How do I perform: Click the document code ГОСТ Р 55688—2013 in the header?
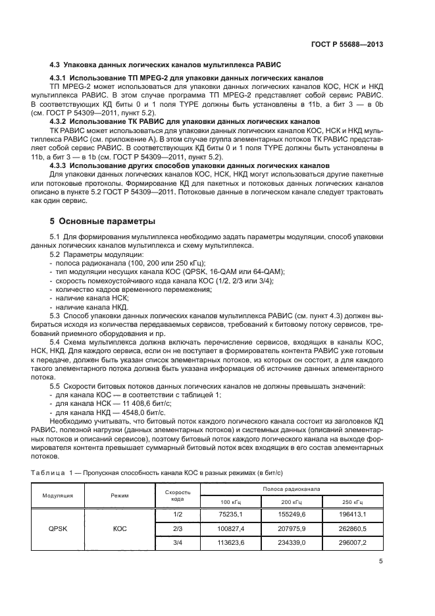[x=346, y=44]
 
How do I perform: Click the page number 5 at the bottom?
[x=381, y=561]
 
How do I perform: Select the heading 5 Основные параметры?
[x=102, y=221]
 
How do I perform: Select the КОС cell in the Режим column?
[x=120, y=528]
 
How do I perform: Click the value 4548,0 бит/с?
[x=129, y=411]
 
